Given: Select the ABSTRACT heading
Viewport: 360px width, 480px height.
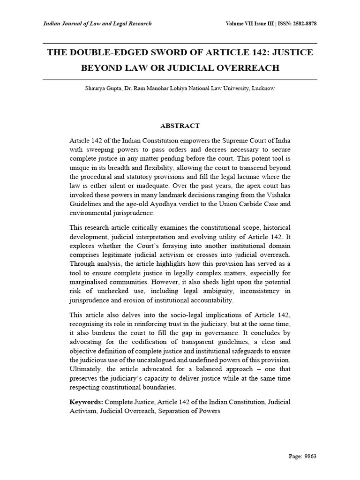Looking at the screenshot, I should click(x=180, y=126).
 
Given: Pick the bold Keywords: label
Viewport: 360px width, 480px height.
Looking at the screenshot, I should click(x=86, y=402).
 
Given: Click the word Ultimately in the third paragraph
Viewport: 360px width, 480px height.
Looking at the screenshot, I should click(x=85, y=368).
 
